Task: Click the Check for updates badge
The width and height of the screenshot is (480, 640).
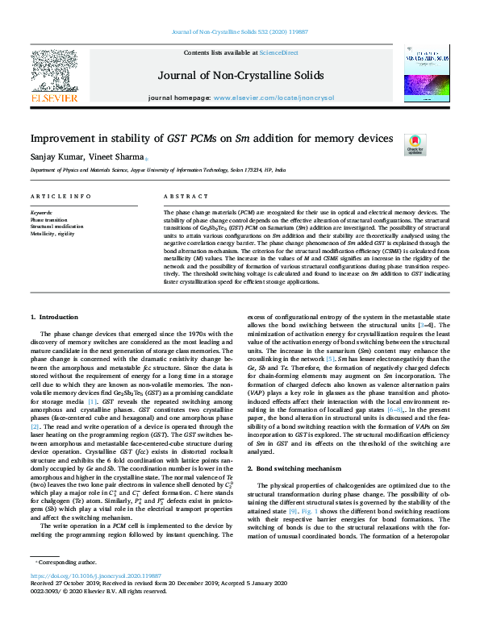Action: (x=415, y=145)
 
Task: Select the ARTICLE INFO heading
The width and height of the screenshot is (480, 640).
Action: (x=61, y=196)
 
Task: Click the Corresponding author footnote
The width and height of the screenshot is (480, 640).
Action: (x=66, y=584)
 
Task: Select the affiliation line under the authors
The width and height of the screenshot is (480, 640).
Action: (x=158, y=172)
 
